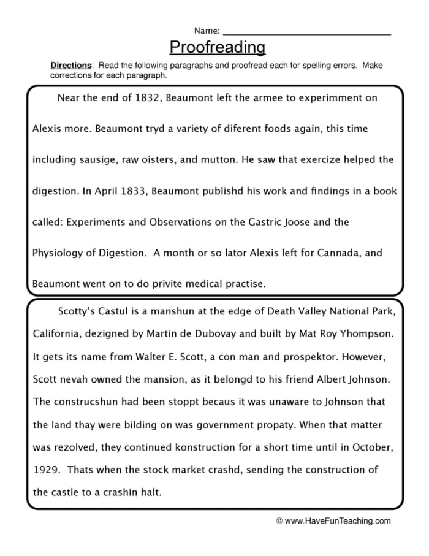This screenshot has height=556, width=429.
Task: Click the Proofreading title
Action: click(217, 47)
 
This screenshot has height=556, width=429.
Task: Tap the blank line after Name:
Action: click(306, 31)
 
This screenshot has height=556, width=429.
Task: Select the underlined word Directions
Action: click(70, 66)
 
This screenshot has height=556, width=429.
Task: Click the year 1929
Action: click(44, 470)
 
